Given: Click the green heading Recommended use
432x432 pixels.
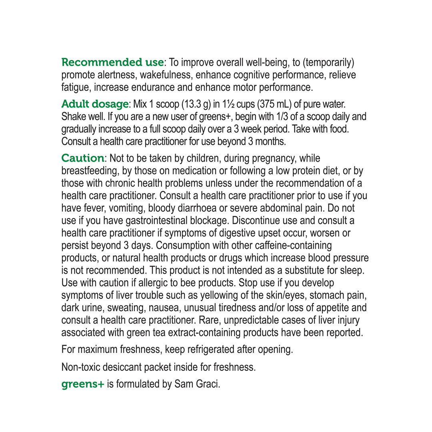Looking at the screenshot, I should tap(112, 63).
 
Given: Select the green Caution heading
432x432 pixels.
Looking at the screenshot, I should tap(82, 158).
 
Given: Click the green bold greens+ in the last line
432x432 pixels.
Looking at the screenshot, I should tap(82, 384).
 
